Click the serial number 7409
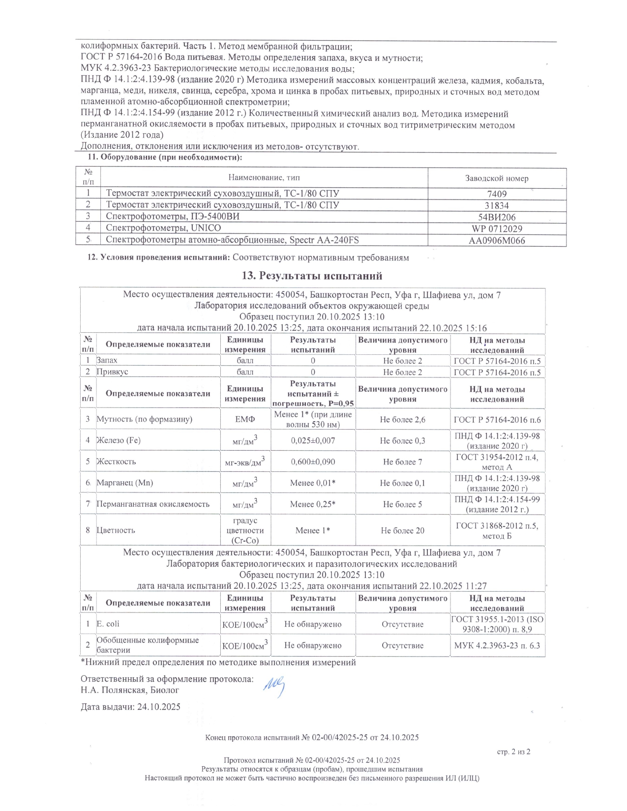pos(497,194)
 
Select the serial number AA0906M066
pos(497,241)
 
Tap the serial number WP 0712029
pos(497,229)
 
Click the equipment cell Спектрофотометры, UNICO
pos(163,228)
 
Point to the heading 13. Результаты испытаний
pos(312,276)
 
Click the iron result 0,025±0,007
pos(313,440)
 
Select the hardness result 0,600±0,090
pos(313,462)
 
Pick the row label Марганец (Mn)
pos(124,483)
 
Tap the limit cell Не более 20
pos(402,530)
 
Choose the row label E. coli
pos(108,624)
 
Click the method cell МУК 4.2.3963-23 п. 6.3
pos(497,645)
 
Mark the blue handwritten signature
pos(274,686)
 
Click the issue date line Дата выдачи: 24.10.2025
pos(130,707)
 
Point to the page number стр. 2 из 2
pos(514,752)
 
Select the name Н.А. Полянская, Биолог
pos(130,690)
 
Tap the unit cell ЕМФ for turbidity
pos(245,419)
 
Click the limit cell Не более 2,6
pos(402,420)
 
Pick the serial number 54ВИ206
pos(497,217)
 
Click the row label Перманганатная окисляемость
pos(153,504)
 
